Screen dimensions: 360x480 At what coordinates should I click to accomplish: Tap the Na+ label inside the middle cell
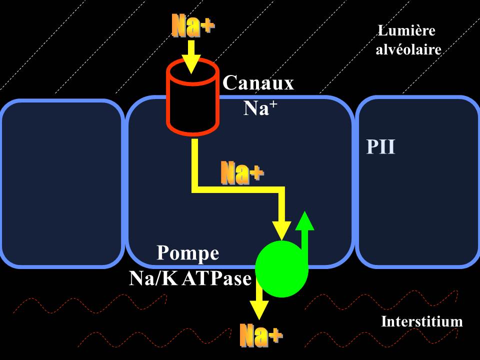[242, 173]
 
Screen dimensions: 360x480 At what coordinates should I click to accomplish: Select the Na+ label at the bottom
[260, 335]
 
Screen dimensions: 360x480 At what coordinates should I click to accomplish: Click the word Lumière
[406, 31]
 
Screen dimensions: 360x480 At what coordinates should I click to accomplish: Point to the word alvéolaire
[408, 50]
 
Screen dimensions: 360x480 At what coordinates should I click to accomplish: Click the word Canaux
[258, 83]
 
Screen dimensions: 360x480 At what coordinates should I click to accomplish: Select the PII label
[380, 147]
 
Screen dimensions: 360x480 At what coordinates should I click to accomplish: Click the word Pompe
[188, 253]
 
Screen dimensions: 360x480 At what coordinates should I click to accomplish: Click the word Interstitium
[421, 321]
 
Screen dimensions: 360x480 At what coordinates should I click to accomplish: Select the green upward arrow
[304, 235]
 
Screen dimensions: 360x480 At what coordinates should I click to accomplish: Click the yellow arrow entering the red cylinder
[190, 56]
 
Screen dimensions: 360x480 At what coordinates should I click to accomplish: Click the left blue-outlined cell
[62, 183]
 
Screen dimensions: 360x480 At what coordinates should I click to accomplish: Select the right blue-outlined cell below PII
[417, 210]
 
